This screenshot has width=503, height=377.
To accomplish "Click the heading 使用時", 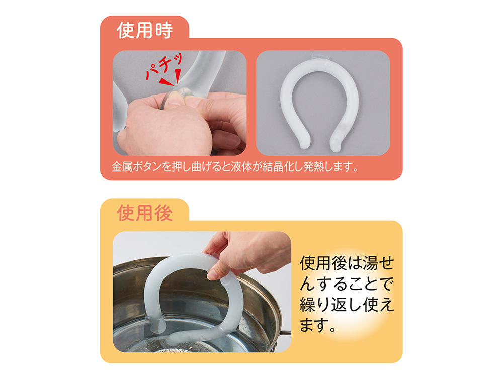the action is pos(144,31).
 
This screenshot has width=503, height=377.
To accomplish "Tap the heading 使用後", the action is pos(144,213).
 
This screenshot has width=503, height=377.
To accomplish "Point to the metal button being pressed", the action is pos(185,92).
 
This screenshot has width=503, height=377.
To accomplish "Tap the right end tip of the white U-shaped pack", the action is pos(336,147).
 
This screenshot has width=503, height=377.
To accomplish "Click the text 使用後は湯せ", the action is pos(347,263).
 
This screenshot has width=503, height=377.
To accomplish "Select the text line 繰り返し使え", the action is pos(347,305).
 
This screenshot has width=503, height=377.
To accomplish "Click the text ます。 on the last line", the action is pos(317,325).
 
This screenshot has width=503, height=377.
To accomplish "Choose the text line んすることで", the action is pos(347,284).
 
